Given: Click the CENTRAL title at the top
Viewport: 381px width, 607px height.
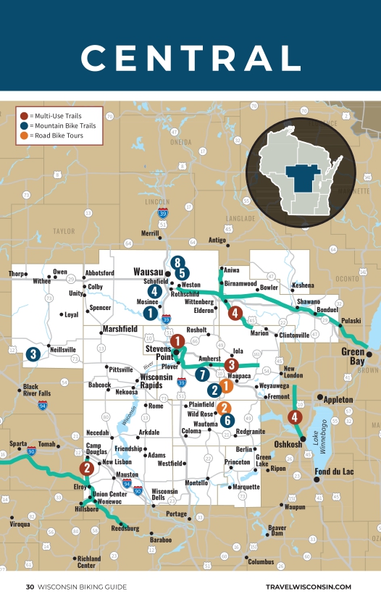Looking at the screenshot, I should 190,57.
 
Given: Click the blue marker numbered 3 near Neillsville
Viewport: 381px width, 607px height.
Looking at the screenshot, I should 33,354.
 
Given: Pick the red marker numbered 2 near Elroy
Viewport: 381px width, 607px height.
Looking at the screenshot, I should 88,468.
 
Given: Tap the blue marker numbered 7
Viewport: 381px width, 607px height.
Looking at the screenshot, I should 201,374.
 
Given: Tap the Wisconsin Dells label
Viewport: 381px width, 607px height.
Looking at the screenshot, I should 164,495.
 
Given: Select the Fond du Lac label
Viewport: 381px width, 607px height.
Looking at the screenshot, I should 334,472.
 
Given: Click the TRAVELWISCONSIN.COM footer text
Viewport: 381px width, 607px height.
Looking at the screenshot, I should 309,587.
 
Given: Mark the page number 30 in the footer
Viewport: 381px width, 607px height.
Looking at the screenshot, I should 30,587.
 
